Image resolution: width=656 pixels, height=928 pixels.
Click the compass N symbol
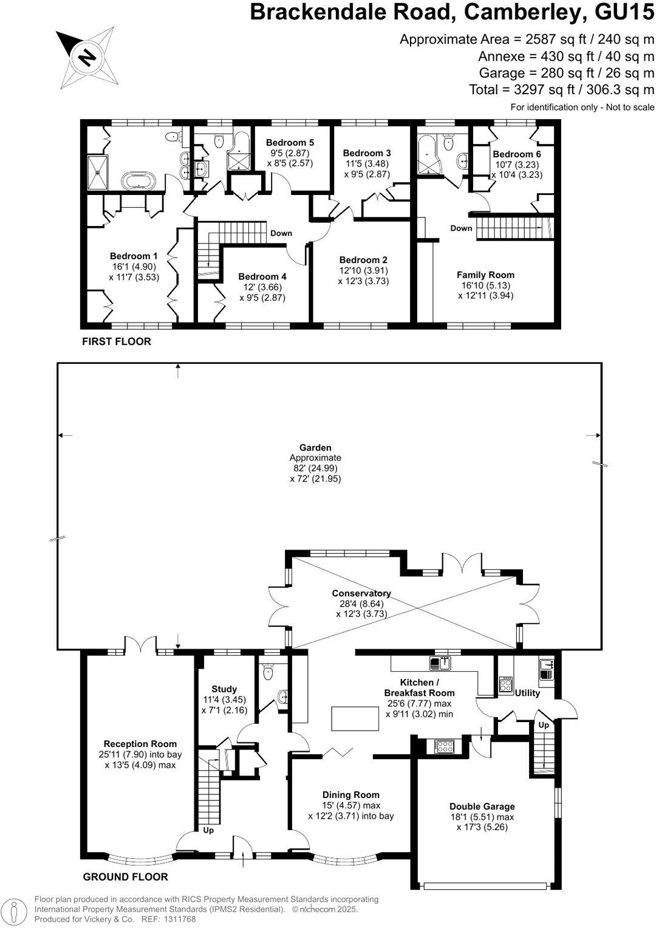point(86,57)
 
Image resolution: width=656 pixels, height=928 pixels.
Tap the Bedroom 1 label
point(130,256)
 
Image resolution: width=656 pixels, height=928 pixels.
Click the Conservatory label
point(361,593)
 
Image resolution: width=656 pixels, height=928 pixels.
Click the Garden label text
point(315,448)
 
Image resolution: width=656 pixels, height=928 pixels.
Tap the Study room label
point(224,689)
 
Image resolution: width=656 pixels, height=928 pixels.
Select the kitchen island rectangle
point(355,719)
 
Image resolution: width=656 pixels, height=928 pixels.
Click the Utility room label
point(527,693)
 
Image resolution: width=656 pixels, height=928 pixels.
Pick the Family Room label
point(485,275)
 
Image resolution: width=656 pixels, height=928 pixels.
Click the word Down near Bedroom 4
point(281,233)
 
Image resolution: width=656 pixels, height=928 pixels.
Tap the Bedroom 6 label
point(517,154)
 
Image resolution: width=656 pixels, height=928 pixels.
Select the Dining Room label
point(351,794)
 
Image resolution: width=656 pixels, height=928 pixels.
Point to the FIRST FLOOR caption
point(117,341)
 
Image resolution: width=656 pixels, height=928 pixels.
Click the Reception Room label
point(140,743)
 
